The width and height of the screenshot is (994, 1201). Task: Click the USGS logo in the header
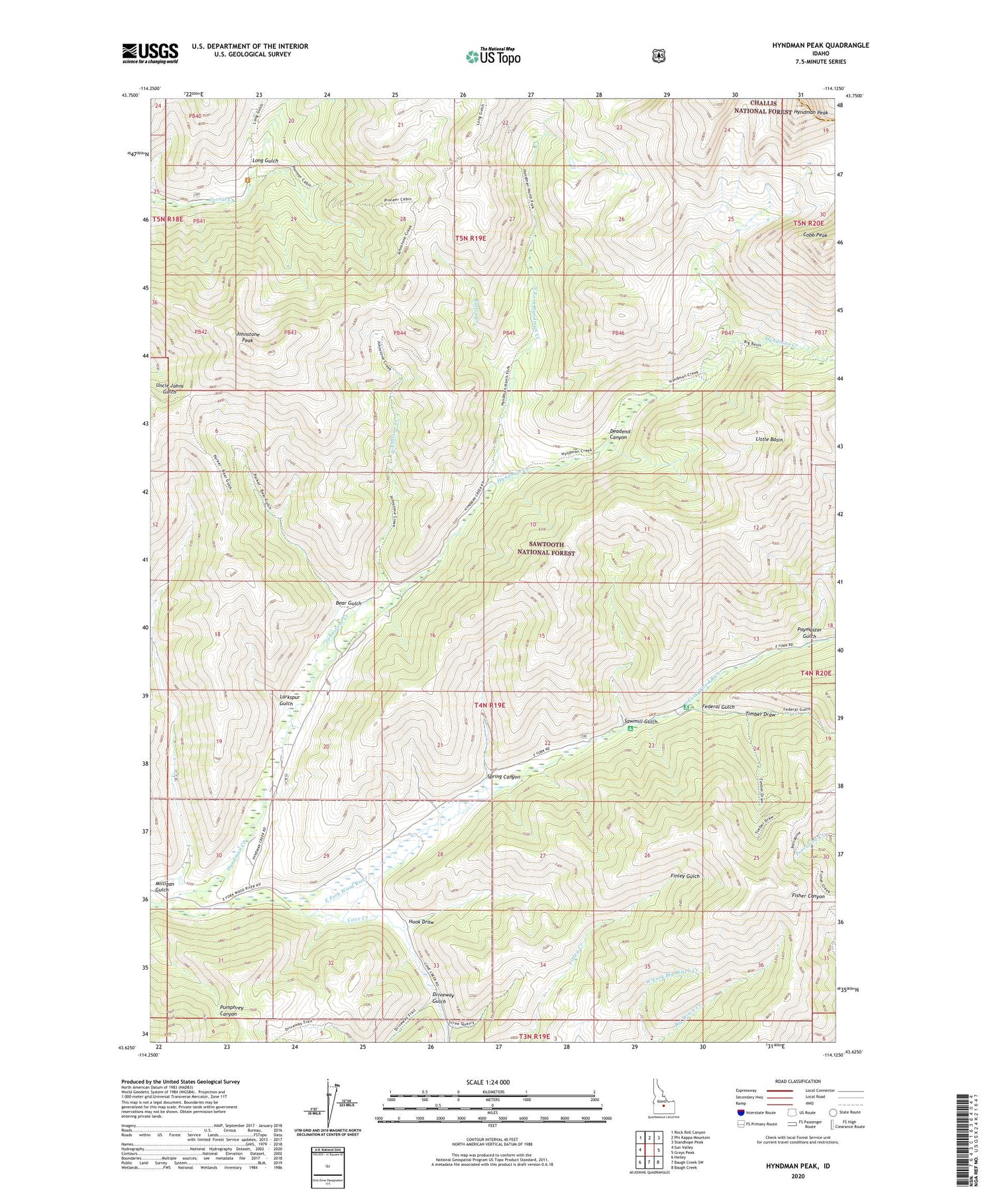150,53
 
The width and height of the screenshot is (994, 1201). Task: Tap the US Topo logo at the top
493,56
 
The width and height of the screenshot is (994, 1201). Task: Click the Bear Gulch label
349,603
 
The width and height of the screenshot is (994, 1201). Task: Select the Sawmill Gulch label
640,721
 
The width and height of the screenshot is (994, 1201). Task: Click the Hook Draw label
421,921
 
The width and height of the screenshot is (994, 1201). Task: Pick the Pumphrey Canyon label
237,1011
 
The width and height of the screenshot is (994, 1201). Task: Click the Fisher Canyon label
808,896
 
